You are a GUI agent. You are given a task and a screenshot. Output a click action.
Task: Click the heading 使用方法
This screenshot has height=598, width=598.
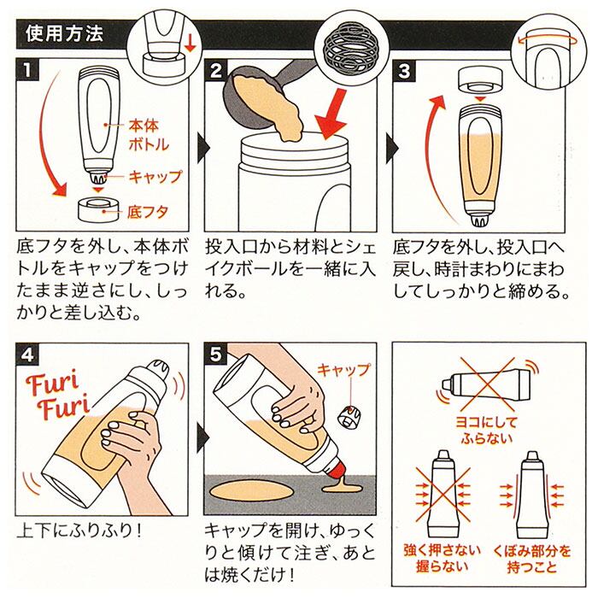[x=64, y=33]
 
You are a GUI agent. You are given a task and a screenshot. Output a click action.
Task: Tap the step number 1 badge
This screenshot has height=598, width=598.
[x=27, y=69]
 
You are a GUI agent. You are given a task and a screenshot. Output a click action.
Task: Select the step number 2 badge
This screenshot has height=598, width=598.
[x=215, y=70]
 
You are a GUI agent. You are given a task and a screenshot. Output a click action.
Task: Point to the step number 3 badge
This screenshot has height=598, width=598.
[x=403, y=71]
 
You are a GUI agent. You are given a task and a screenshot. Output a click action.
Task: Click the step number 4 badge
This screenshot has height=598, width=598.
[x=27, y=354]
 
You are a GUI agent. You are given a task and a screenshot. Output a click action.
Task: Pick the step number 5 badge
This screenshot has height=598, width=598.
[x=215, y=354]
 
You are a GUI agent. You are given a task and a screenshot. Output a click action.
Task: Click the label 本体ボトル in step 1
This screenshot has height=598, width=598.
[x=149, y=135]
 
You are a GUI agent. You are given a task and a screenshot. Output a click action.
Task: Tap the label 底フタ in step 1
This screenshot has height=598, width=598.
[x=148, y=212]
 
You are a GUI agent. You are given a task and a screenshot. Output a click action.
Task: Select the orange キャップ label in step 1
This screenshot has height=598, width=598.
[x=155, y=177]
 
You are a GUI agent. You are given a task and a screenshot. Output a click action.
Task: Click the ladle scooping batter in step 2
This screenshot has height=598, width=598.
[x=267, y=99]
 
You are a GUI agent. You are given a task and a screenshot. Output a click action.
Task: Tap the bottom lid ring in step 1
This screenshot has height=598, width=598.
[x=98, y=210]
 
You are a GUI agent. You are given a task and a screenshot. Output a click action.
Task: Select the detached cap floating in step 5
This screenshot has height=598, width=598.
[x=348, y=417]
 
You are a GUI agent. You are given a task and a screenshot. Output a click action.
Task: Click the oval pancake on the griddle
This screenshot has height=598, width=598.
[x=252, y=492]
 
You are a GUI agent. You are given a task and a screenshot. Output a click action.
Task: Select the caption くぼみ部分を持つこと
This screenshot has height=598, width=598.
[x=531, y=559]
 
